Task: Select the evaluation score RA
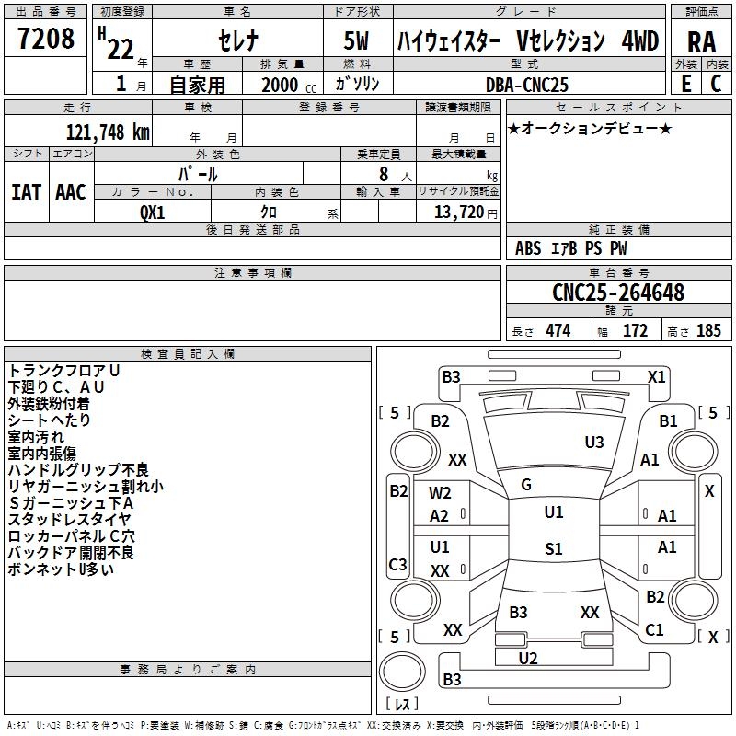[x=701, y=42]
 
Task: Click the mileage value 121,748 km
[x=107, y=132]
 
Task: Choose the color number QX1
[x=153, y=212]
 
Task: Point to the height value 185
[x=708, y=331]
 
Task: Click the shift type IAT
[x=26, y=191]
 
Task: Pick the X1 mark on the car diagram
[x=656, y=376]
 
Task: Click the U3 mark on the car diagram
[x=594, y=443]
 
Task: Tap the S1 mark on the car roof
[x=553, y=549]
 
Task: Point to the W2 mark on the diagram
[x=440, y=492]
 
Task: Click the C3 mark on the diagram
[x=397, y=564]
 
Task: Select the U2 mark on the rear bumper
[x=528, y=657]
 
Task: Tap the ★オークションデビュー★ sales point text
[x=589, y=129]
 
